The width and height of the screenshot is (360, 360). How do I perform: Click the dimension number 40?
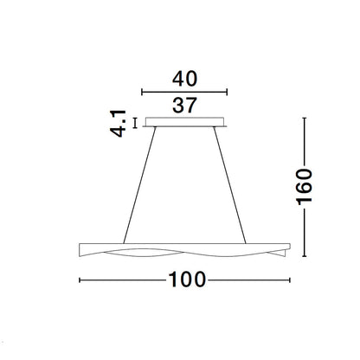(184, 79)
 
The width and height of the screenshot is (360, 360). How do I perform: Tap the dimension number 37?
(184, 106)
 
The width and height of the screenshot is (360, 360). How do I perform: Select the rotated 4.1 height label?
(119, 124)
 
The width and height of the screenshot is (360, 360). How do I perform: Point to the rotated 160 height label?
(305, 187)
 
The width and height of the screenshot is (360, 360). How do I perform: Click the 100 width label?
(187, 280)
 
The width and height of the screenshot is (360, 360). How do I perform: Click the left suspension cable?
(139, 185)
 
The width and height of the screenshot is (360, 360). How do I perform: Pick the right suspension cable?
(230, 185)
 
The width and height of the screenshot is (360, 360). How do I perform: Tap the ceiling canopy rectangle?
(184, 122)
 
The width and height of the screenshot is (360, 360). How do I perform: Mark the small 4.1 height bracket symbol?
(135, 123)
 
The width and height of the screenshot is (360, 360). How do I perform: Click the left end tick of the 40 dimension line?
(142, 93)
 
